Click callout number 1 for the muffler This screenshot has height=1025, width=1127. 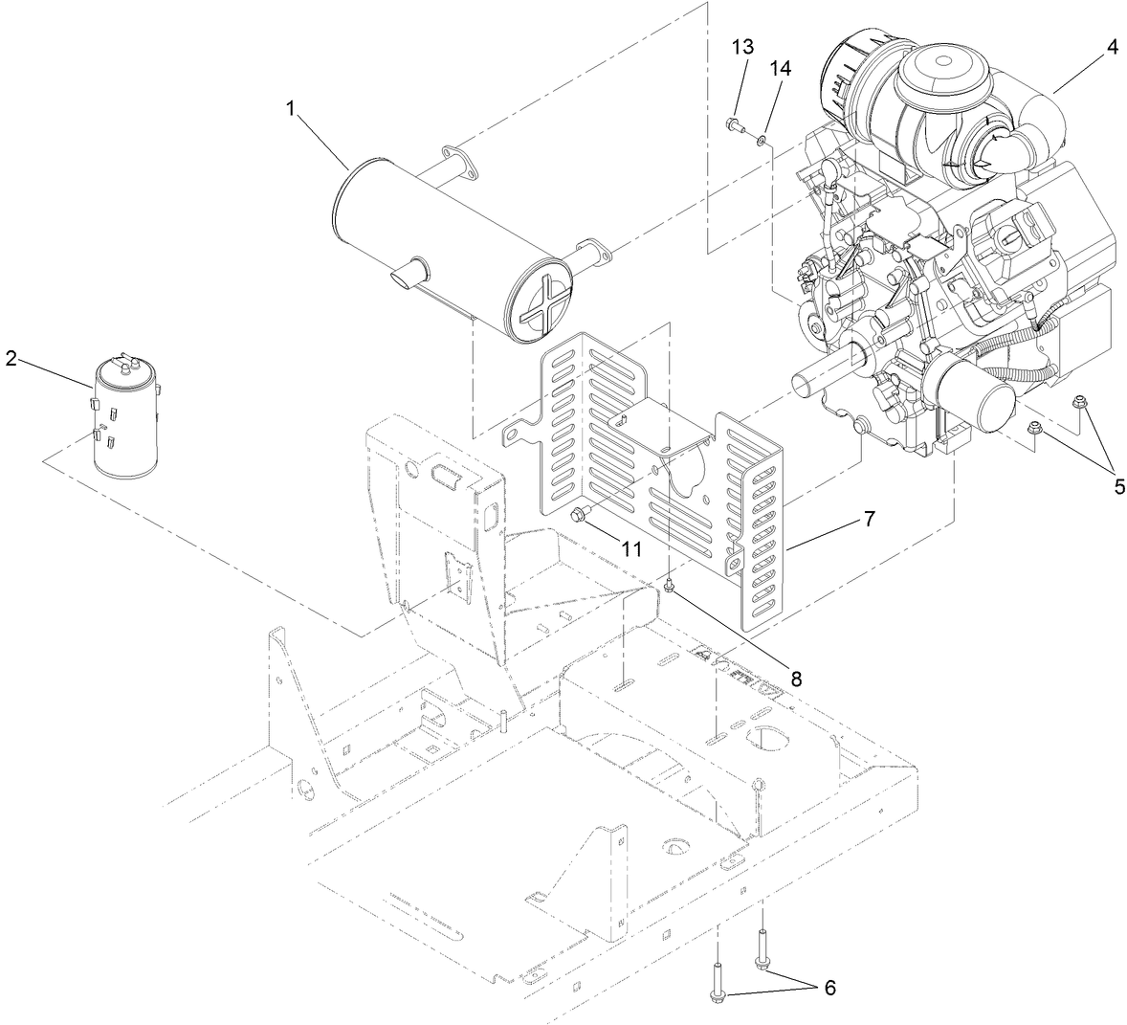click(x=289, y=109)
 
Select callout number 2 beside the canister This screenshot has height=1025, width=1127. click(x=11, y=358)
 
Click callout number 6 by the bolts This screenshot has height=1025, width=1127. click(x=829, y=988)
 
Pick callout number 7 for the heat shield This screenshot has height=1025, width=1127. click(x=868, y=519)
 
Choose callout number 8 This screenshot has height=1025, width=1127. click(x=795, y=678)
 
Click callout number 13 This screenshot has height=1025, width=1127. click(x=742, y=46)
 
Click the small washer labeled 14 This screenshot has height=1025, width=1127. click(x=761, y=141)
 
